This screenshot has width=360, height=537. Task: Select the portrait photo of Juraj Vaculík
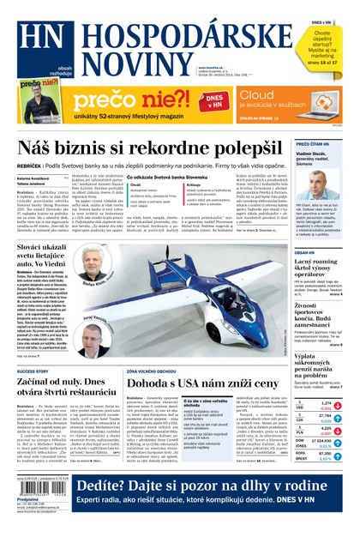click(93, 329)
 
